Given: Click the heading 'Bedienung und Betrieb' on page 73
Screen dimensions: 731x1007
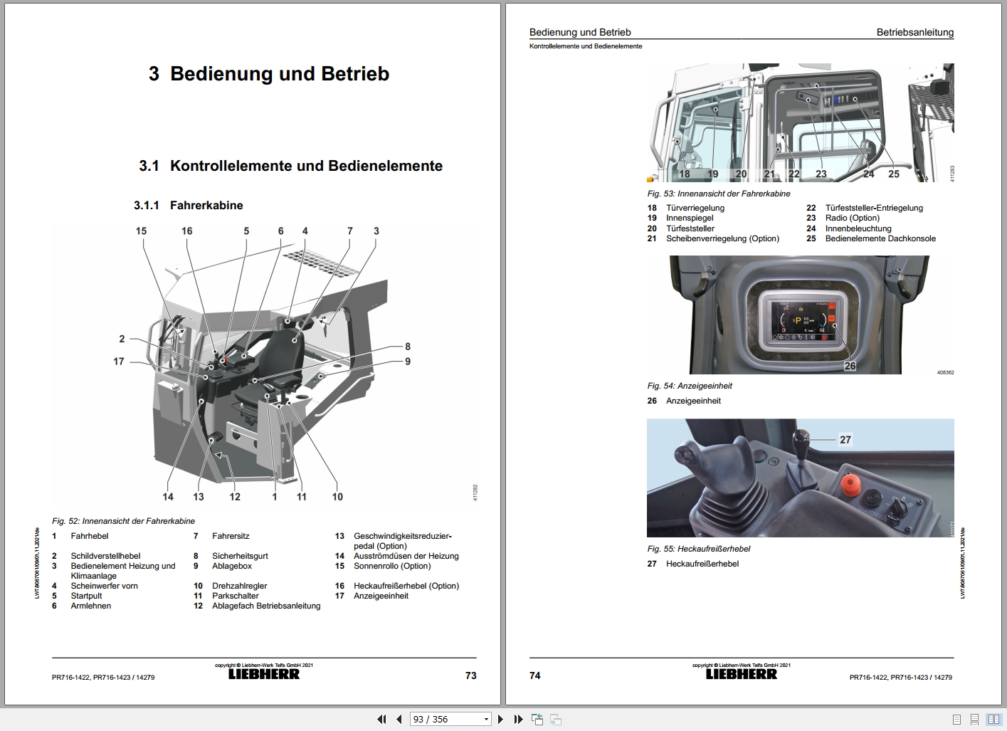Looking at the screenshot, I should tap(279, 74).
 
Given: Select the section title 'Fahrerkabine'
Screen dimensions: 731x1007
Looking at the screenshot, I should tap(206, 206).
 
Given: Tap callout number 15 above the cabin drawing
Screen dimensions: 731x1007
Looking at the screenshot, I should tap(141, 231).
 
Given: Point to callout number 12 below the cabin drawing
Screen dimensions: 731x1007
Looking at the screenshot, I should tap(235, 497).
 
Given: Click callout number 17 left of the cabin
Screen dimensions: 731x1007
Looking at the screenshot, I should tap(119, 362).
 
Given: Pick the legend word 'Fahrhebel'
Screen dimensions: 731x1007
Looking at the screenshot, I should tap(90, 536).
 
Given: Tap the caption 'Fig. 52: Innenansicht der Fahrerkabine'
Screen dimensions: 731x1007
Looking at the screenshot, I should tap(123, 521).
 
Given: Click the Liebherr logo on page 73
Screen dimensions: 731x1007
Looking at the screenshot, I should tap(264, 674).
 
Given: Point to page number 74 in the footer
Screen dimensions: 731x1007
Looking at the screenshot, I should tap(535, 675).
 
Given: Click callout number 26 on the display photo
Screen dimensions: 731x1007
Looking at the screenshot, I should tap(850, 366).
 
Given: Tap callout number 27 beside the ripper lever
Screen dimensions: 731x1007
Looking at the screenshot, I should tap(845, 440).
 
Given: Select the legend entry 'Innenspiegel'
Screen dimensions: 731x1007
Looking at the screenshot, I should tap(690, 218).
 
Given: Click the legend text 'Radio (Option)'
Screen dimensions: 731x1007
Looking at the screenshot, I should tap(852, 218).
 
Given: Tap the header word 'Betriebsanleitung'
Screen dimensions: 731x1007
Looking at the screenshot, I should tap(914, 32).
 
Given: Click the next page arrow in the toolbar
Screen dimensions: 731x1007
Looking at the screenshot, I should tap(500, 720).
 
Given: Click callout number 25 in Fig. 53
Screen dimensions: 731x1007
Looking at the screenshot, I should tap(894, 174).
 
